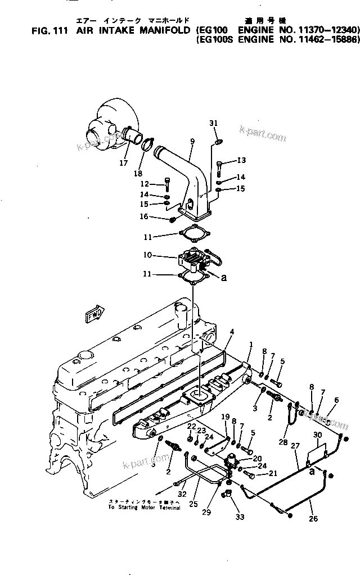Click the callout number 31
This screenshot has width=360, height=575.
pyautogui.click(x=213, y=123)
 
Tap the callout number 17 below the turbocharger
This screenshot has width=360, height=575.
pyautogui.click(x=123, y=164)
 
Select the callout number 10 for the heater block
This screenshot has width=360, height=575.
pyautogui.click(x=148, y=255)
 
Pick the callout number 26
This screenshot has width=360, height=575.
pyautogui.click(x=314, y=518)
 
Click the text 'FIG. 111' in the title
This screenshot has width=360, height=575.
pyautogui.click(x=49, y=30)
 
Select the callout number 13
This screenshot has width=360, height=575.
pyautogui.click(x=241, y=160)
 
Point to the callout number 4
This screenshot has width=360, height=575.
pyautogui.click(x=231, y=332)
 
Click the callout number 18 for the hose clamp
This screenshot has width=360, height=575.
pyautogui.click(x=138, y=173)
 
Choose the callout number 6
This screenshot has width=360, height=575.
pyautogui.click(x=336, y=400)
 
